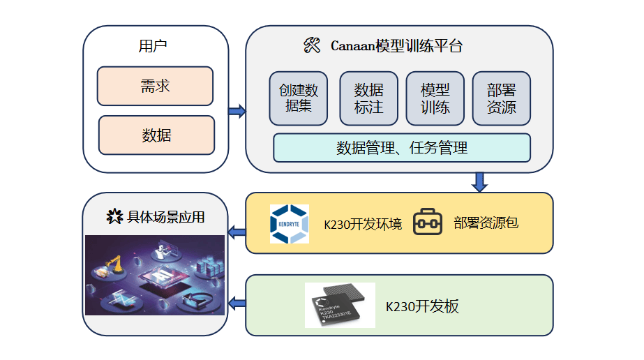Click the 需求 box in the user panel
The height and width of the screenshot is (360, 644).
pos(155,86)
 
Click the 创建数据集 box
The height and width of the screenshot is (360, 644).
pos(298,98)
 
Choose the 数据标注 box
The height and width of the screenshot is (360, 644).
pos(368,98)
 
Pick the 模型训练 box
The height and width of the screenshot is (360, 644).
pos(435,98)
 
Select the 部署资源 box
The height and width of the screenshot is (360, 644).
pos(501,98)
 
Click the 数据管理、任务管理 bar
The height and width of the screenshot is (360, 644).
pos(401,148)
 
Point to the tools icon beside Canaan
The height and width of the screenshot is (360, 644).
pos(312,47)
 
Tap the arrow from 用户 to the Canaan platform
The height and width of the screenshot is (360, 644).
pos(237,110)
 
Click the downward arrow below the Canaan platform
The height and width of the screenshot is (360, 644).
pos(479,181)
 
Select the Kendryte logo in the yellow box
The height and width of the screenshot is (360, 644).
pos(289,224)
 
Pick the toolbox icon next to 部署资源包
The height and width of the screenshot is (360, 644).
pos(428,223)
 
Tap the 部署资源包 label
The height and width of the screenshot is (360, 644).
pos(485,223)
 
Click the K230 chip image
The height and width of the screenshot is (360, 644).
pos(340,305)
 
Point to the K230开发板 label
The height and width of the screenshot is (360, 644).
pos(422,306)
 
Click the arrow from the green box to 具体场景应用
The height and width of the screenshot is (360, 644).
pos(237,303)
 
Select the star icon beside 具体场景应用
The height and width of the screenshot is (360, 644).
pos(114,217)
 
